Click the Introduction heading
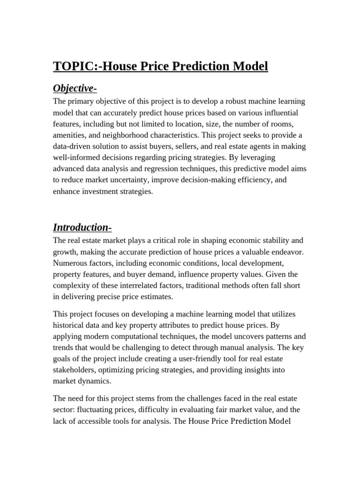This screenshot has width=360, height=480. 82,227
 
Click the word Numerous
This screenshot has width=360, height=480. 69,263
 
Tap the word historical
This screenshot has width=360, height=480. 68,325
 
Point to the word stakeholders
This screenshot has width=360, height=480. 75,370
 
